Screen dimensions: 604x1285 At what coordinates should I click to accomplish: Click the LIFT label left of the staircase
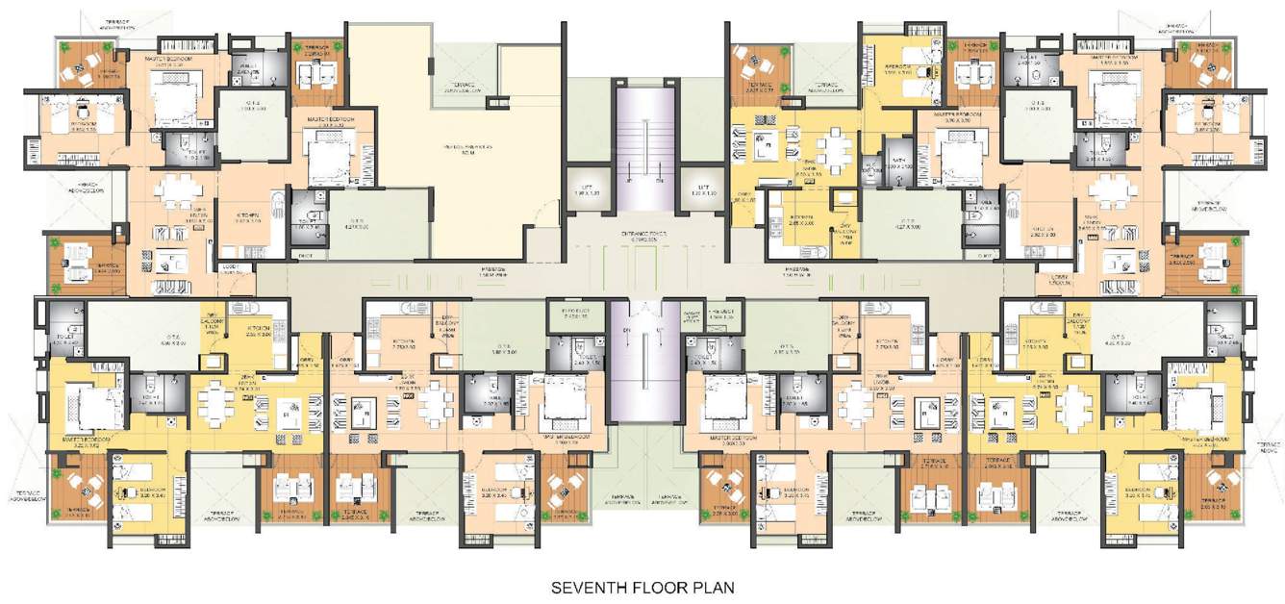[x=581, y=189]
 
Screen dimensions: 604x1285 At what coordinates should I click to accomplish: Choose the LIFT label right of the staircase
[x=703, y=189]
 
